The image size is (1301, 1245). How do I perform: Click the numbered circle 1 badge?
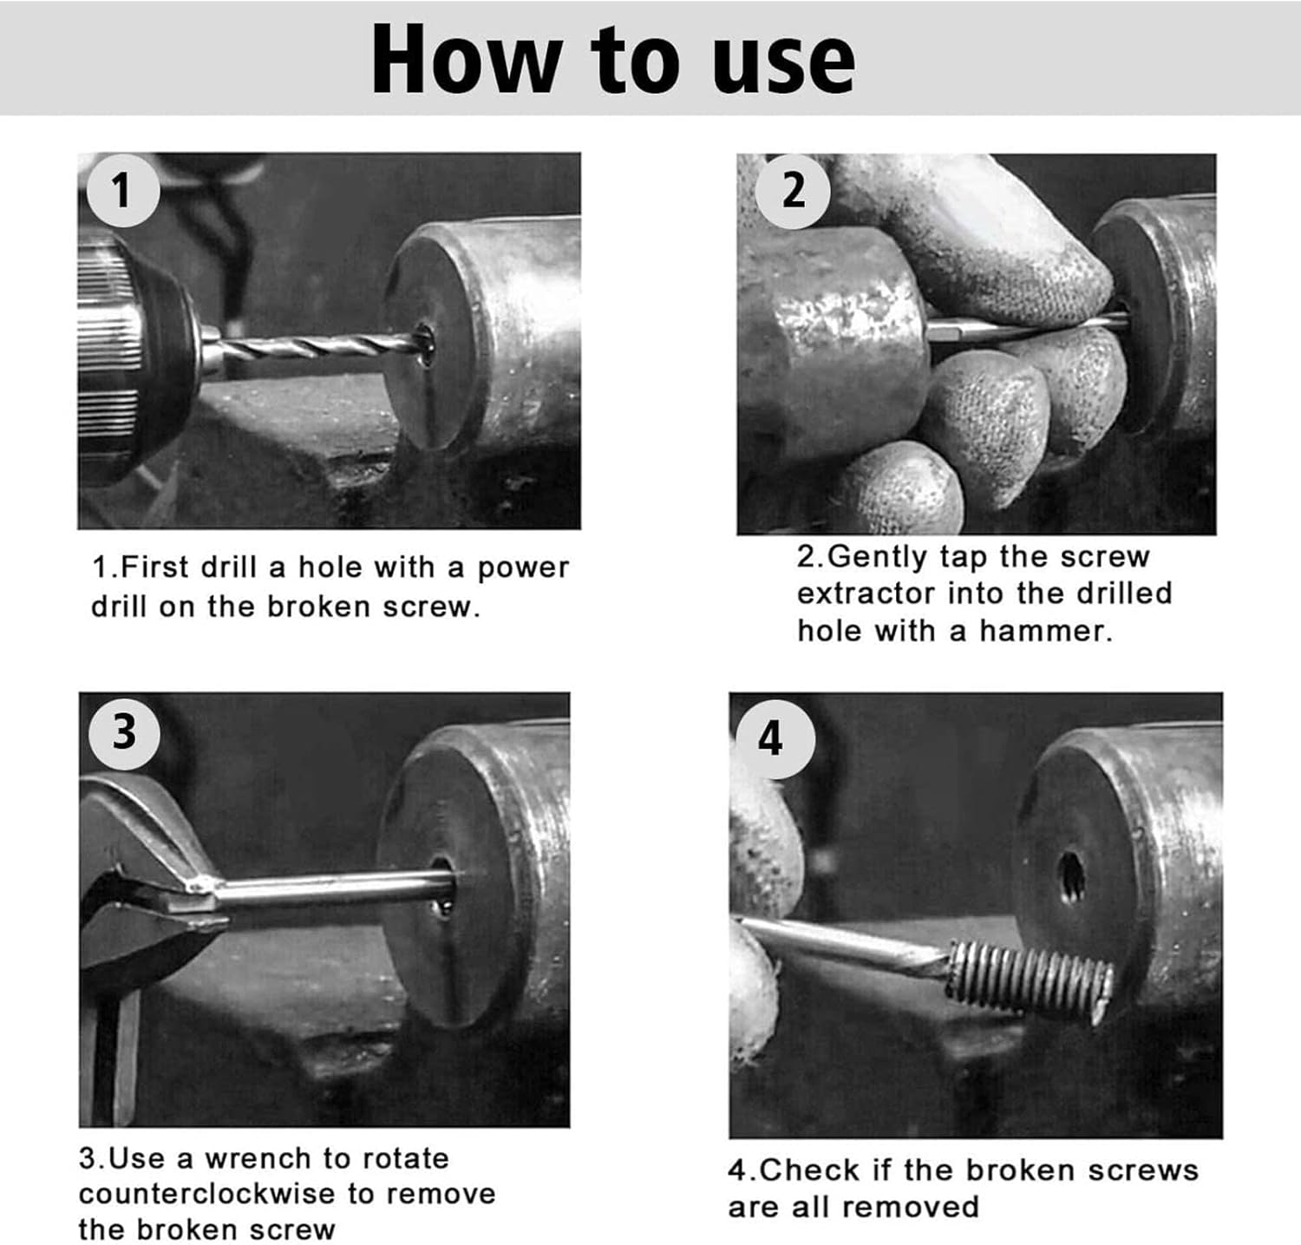pos(122,190)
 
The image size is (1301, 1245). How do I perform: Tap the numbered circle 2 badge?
pos(793,191)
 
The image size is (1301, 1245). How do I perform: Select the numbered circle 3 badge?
pos(124,732)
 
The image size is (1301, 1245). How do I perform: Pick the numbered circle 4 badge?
pos(771,739)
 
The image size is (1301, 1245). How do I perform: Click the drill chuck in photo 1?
pos(139,356)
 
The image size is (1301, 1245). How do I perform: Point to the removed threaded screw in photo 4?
pos(1028,981)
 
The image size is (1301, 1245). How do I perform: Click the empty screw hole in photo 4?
pos(1072,877)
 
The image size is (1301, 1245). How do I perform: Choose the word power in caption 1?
pos(523,569)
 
